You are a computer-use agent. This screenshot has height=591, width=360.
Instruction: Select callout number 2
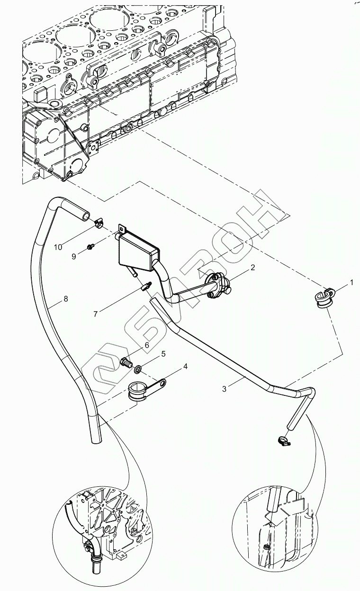pyautogui.click(x=253, y=268)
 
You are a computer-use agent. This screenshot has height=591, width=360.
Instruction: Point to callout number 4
pyautogui.click(x=185, y=366)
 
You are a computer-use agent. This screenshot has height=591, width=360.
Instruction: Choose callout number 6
pyautogui.click(x=147, y=346)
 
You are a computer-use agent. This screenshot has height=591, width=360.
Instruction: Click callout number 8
pyautogui.click(x=65, y=299)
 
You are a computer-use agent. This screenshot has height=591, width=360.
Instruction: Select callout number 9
pyautogui.click(x=74, y=257)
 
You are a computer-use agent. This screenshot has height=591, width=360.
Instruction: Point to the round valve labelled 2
pyautogui.click(x=218, y=286)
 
